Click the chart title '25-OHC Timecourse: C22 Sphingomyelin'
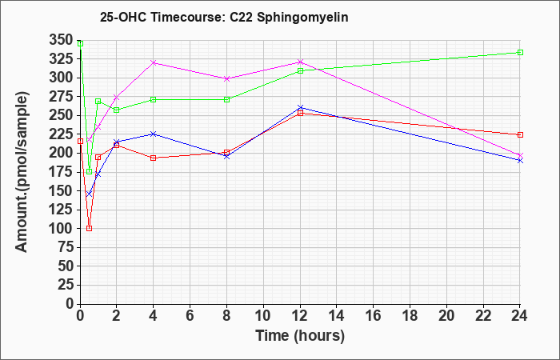[224, 17]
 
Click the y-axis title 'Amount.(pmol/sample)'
[22, 172]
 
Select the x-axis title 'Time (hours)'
[300, 336]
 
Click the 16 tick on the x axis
[374, 316]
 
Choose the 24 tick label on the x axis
[520, 316]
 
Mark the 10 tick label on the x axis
[263, 316]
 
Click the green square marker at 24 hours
[520, 53]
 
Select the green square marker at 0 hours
[80, 43]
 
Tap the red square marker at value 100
[90, 228]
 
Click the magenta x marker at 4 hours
[154, 62]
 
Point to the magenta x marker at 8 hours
[226, 78]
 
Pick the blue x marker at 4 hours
[154, 134]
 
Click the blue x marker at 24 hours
[520, 160]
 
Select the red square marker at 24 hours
[520, 134]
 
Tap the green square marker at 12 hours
[300, 70]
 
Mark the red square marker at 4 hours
[154, 158]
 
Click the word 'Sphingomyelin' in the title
[302, 18]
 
